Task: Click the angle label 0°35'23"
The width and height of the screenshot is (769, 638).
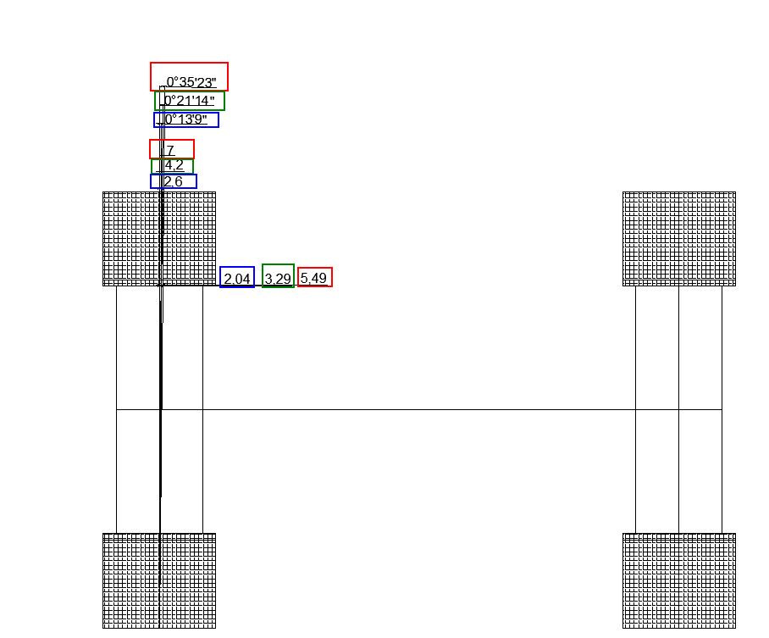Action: point(191,82)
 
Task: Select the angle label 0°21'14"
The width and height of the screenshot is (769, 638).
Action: point(190,101)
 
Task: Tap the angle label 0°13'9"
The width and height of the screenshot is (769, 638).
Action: point(185,119)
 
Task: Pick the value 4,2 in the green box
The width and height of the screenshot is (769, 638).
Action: point(174,165)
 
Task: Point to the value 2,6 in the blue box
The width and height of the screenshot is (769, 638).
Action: point(173,181)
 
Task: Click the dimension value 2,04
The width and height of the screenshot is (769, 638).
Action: point(237,279)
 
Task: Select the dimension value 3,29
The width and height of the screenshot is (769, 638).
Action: point(278,279)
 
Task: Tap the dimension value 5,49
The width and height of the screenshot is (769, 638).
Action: point(313,278)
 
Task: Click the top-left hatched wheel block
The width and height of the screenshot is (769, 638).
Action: point(159,239)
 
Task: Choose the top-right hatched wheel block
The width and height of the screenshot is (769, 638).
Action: point(679,239)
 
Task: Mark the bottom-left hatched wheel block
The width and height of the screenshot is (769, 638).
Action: point(159,580)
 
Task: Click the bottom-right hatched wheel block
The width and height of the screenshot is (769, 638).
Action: point(679,580)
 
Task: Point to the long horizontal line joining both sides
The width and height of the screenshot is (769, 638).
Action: point(419,409)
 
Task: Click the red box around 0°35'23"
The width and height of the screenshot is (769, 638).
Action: point(190,63)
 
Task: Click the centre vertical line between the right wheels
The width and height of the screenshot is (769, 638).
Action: point(678,409)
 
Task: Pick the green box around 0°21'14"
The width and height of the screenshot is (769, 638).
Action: point(190,92)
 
